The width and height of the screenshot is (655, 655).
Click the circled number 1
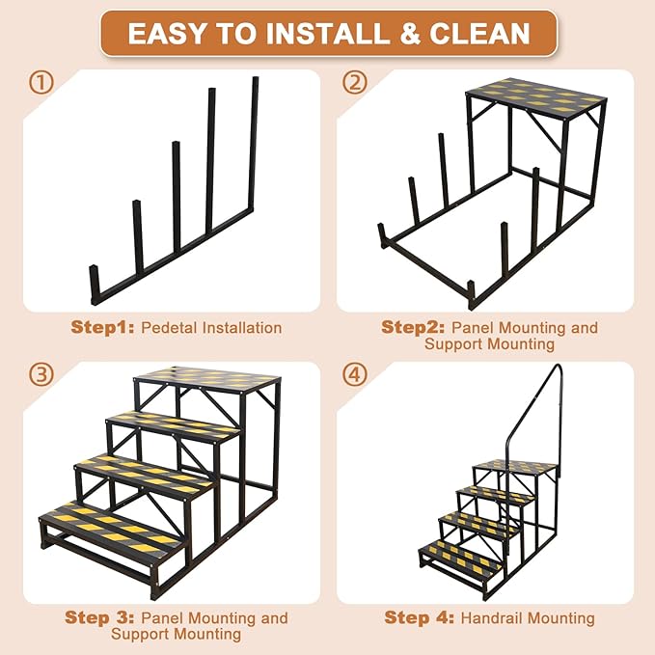point(41,83)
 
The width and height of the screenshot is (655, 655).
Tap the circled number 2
point(356,83)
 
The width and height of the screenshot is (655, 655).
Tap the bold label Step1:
point(103,327)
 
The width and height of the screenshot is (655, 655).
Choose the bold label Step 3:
point(100,617)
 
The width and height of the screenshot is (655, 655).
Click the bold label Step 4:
point(419,617)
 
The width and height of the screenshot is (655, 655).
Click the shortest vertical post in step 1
point(95,284)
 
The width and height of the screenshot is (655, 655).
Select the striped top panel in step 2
point(535,96)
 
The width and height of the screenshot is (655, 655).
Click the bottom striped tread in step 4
point(460,555)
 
